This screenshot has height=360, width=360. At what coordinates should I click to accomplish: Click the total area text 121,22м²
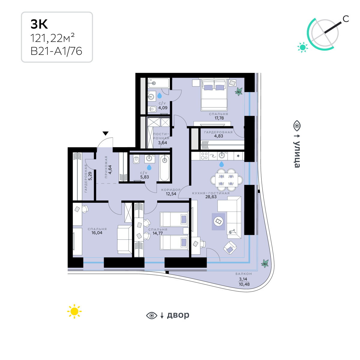pyautogui.click(x=52, y=38)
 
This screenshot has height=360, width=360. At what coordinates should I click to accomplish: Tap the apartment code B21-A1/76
pyautogui.click(x=56, y=51)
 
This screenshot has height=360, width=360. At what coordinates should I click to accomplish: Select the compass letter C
pyautogui.click(x=346, y=19)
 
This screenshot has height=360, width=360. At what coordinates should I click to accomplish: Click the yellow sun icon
pyautogui.click(x=74, y=311)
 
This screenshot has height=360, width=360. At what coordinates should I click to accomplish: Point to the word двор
pyautogui.click(x=178, y=315)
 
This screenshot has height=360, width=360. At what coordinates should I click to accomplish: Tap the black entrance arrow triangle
pyautogui.click(x=105, y=133)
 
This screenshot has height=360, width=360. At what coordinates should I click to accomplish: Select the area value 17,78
pyautogui.click(x=219, y=118)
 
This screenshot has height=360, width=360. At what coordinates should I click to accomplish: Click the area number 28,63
pyautogui.click(x=211, y=197)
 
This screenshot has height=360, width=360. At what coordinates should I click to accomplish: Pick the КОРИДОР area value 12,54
pyautogui.click(x=171, y=194)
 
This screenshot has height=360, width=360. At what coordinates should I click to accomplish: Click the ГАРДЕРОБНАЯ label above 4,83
pyautogui.click(x=218, y=132)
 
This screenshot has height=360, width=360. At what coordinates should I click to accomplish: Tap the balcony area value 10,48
pyautogui.click(x=244, y=284)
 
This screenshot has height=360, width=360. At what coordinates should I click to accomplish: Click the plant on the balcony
pyautogui.click(x=265, y=263)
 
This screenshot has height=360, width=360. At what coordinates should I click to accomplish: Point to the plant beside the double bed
pyautogui.click(x=239, y=91)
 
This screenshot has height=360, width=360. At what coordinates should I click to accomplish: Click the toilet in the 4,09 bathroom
pyautogui.click(x=152, y=109)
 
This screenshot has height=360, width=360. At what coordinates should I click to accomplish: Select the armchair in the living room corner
pyautogui.click(x=230, y=247)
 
